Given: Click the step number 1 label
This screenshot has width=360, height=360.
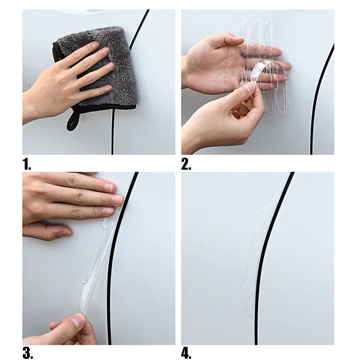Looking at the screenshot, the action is [27, 164].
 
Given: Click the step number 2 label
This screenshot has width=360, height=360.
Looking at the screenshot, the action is [186, 164].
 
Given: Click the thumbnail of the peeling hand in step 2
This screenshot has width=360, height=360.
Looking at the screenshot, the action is [249, 87].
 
